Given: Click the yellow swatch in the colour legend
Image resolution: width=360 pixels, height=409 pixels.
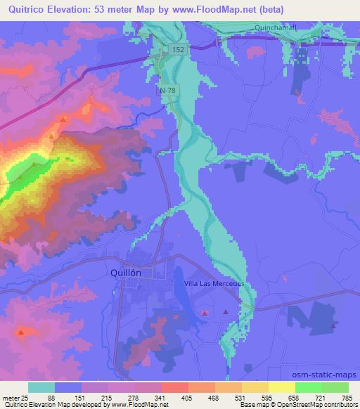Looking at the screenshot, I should click(282, 387).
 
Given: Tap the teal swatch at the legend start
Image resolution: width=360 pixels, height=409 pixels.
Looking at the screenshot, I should click(41, 387).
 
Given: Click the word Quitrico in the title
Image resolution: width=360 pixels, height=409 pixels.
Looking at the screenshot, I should click(27, 10).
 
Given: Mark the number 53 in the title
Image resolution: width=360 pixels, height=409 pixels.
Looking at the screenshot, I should click(101, 10).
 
